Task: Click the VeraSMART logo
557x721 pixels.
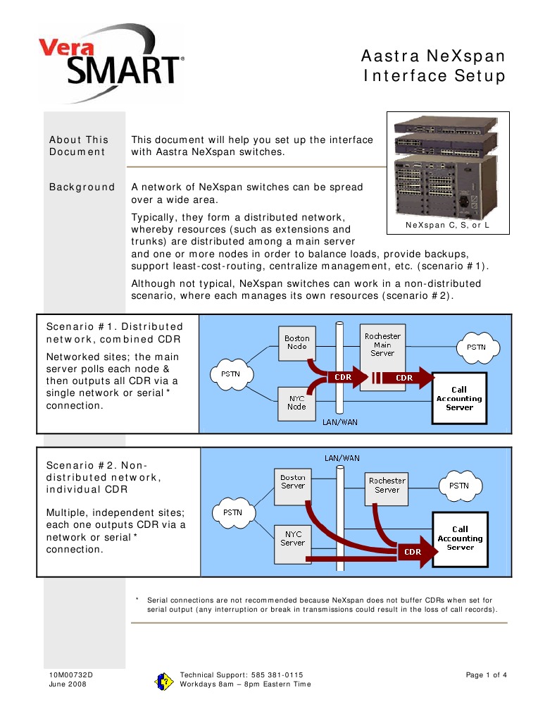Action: pyautogui.click(x=111, y=61)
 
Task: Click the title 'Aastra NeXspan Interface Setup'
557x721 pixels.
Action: pyautogui.click(x=434, y=66)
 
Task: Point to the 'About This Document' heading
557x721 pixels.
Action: pyautogui.click(x=78, y=145)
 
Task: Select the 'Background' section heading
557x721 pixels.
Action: pyautogui.click(x=82, y=187)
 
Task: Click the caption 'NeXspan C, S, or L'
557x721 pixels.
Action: pyautogui.click(x=447, y=226)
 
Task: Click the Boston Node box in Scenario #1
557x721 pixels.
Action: pyautogui.click(x=296, y=343)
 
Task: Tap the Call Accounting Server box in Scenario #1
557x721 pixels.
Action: pyautogui.click(x=459, y=398)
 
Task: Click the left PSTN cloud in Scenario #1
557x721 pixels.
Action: pyautogui.click(x=231, y=373)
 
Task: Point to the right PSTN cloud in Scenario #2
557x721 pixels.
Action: pyautogui.click(x=458, y=486)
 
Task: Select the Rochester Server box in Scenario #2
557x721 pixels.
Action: pyautogui.click(x=387, y=486)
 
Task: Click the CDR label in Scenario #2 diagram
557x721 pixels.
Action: pyautogui.click(x=412, y=552)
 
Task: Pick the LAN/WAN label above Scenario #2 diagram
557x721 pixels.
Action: pyautogui.click(x=342, y=458)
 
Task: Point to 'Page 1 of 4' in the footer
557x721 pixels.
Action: pyautogui.click(x=486, y=674)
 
